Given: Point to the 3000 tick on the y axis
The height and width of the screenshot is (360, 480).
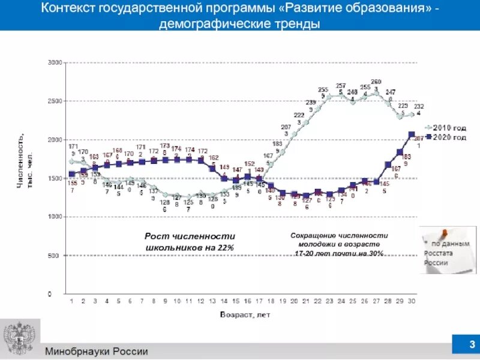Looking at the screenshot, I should click(x=55, y=62).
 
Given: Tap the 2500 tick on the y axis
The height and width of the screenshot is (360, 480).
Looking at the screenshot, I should click(x=55, y=101).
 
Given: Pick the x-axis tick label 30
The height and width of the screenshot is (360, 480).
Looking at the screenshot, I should click(x=411, y=301).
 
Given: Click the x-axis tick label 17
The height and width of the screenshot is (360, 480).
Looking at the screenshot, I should click(x=259, y=301).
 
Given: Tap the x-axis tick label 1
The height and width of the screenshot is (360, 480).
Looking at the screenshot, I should click(x=71, y=301).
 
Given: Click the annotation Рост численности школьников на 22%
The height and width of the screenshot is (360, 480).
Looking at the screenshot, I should click(x=190, y=242).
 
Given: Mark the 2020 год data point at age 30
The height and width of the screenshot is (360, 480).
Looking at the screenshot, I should click(x=412, y=134).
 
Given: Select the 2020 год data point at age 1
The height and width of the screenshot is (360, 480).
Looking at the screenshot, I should click(x=71, y=174).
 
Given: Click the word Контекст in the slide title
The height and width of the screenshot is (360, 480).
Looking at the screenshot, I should click(x=76, y=9).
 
